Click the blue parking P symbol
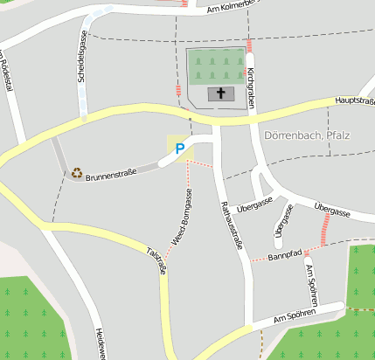point(180,149)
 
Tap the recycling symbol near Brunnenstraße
point(77,173)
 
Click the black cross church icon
point(221,93)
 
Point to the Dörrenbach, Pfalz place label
point(306,135)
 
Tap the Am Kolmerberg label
point(231,8)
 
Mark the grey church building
point(221,94)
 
